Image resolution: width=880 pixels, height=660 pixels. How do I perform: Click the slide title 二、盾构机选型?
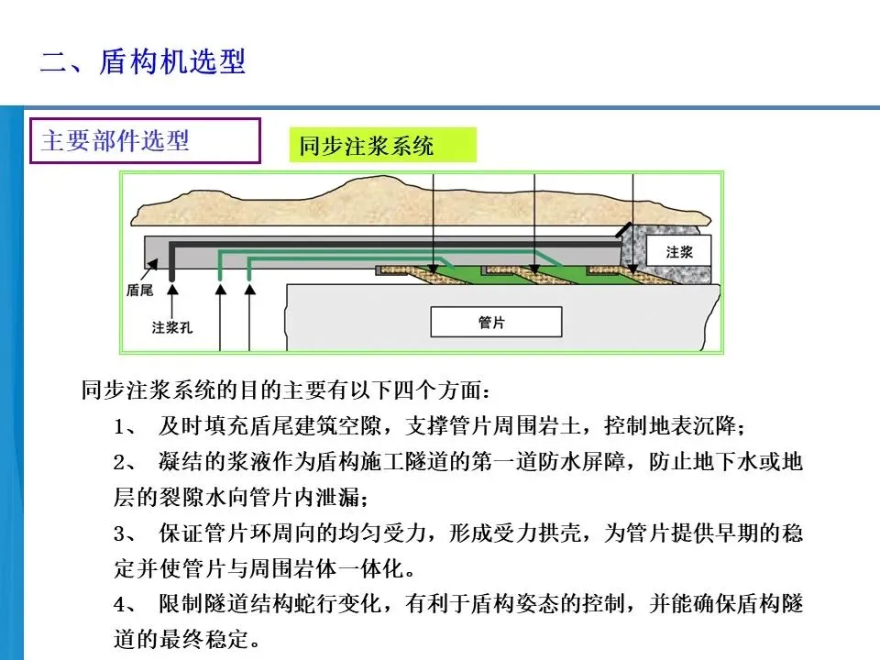click(143, 62)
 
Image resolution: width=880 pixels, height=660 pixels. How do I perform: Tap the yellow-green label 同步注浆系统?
click(383, 146)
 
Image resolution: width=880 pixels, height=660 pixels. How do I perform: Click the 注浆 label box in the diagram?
click(679, 251)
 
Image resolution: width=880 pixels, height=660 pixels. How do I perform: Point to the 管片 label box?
click(496, 322)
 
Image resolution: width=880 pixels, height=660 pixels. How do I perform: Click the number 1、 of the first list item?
click(126, 427)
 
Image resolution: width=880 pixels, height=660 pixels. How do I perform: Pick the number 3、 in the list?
click(126, 534)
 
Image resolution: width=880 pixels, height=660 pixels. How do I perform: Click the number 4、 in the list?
click(126, 605)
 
